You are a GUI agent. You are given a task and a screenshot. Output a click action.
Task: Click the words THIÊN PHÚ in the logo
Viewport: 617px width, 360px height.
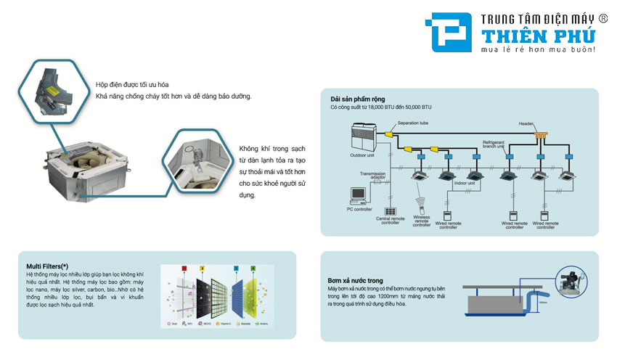[x=532, y=34]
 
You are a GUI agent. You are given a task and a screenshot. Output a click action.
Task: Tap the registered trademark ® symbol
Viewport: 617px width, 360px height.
[x=602, y=17]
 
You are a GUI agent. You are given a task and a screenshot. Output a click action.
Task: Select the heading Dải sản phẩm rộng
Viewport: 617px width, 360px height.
[x=357, y=99]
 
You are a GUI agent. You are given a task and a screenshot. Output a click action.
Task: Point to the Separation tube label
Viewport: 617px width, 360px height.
[x=413, y=123]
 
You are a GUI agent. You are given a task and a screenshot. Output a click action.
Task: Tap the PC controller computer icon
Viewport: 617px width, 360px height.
[x=358, y=194]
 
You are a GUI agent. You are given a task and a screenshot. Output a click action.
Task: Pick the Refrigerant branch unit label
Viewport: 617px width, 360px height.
[x=498, y=144]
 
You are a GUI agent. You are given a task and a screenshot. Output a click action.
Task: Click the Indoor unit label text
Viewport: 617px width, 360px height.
[x=465, y=184]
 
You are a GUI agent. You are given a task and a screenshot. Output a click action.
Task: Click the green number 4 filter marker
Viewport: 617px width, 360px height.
[x=253, y=269]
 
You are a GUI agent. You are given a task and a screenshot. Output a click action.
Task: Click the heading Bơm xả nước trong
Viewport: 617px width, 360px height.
[x=355, y=280]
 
